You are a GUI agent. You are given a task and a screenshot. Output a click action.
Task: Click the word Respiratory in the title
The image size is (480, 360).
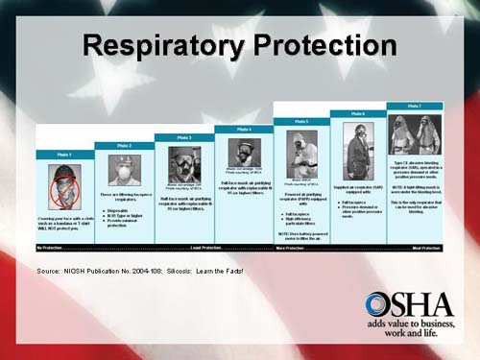click(x=158, y=45)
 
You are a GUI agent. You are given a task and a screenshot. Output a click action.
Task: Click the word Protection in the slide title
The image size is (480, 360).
click(x=320, y=45)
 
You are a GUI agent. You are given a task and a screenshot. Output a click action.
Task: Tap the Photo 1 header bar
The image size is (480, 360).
click(x=64, y=155)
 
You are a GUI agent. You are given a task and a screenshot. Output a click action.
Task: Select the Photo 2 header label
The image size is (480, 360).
click(x=125, y=146)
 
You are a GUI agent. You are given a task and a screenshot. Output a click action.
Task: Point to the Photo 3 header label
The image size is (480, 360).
click(x=185, y=137)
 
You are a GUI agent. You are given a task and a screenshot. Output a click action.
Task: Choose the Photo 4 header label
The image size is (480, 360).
click(x=244, y=129)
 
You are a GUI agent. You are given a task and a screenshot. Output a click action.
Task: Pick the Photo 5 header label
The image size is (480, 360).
click(x=301, y=122)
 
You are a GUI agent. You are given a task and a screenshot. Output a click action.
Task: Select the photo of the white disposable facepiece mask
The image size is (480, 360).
click(x=125, y=170)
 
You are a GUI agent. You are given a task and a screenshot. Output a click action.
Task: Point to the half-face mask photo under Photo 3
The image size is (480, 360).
click(x=184, y=163)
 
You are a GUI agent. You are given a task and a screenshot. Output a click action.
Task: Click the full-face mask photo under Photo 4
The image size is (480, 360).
click(x=244, y=153)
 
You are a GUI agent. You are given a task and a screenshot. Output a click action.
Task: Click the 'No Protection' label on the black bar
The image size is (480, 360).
click(x=52, y=248)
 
